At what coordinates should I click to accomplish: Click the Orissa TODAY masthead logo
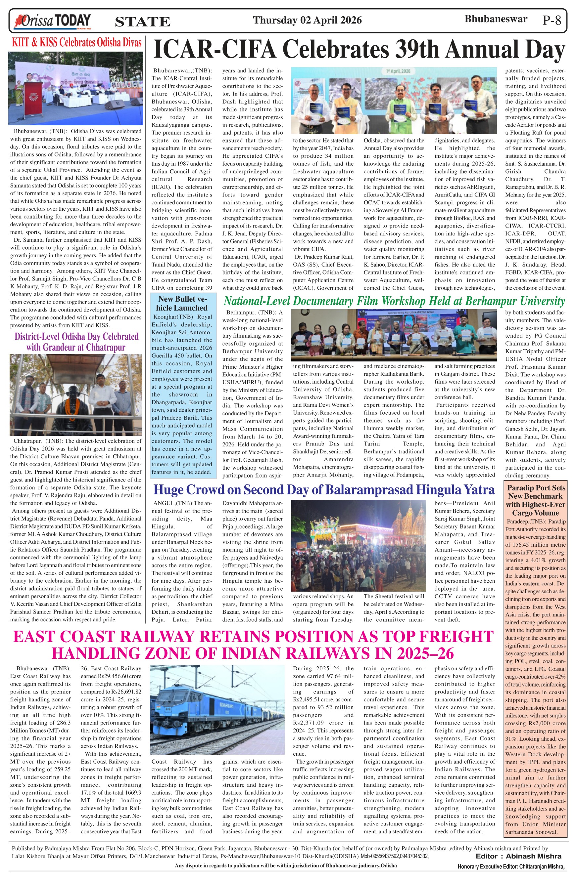tap(52, 21)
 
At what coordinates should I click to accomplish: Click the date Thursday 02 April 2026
tap(307, 20)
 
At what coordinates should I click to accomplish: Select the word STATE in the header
tap(143, 22)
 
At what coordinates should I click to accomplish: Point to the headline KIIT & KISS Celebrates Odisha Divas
tap(76, 42)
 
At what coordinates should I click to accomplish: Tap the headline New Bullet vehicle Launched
tap(182, 303)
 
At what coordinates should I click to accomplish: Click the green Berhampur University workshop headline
tap(394, 301)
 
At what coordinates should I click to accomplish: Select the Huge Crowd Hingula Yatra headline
tap(324, 489)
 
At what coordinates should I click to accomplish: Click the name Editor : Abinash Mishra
tap(518, 856)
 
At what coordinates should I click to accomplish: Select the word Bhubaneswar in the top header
tap(496, 19)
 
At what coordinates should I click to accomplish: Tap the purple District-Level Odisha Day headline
tap(76, 342)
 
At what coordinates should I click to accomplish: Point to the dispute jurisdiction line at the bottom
tap(286, 865)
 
